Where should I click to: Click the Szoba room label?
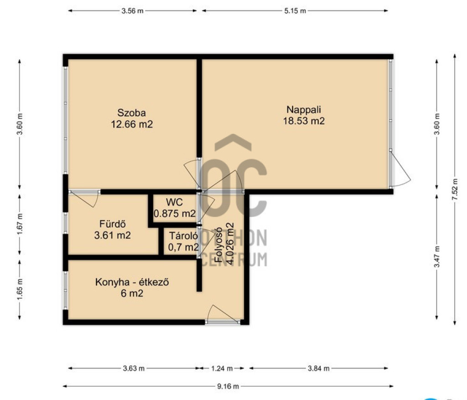click(x=132, y=113)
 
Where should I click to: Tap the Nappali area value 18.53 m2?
click(x=304, y=121)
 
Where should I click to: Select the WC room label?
click(x=174, y=202)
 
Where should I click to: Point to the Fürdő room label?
click(x=112, y=224)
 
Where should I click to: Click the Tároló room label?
click(x=183, y=236)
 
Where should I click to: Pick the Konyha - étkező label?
click(x=132, y=282)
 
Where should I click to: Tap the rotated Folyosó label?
click(x=218, y=245)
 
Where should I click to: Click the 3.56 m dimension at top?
click(x=132, y=11)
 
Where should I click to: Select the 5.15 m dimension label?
click(x=295, y=11)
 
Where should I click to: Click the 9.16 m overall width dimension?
click(x=228, y=386)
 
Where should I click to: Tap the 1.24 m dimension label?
click(x=222, y=369)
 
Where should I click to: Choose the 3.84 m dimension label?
click(x=318, y=369)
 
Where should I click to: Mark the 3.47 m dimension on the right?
click(x=436, y=256)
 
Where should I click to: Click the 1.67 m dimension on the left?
click(x=20, y=224)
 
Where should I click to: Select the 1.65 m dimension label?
click(x=20, y=289)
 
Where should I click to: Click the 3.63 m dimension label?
click(x=134, y=369)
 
